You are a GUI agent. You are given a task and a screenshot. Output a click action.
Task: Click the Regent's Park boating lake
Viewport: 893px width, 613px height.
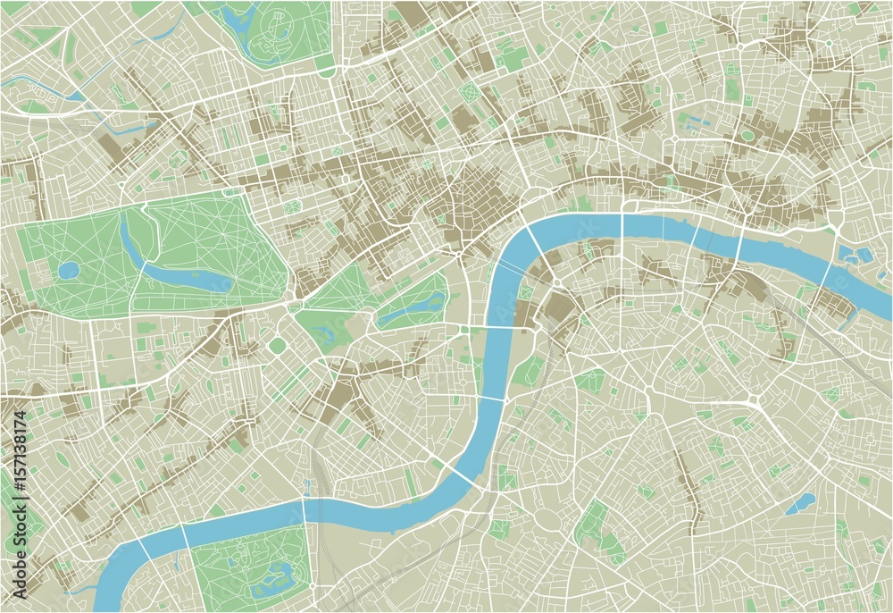coord(239,16)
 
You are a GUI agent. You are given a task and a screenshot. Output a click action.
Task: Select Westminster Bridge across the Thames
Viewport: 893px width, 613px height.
coord(488,329)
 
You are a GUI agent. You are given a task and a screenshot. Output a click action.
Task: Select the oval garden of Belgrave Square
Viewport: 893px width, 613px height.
coord(278,345)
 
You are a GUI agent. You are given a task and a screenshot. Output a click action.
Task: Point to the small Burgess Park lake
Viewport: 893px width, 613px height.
coord(800,504)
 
